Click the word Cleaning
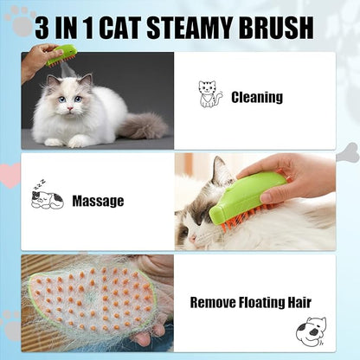pos(257,97)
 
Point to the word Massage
pos(98,201)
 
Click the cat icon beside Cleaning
pos(210,94)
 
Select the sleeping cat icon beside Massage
pos(47,198)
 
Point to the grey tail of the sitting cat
pos(144,125)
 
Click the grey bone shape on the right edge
pos(347,153)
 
